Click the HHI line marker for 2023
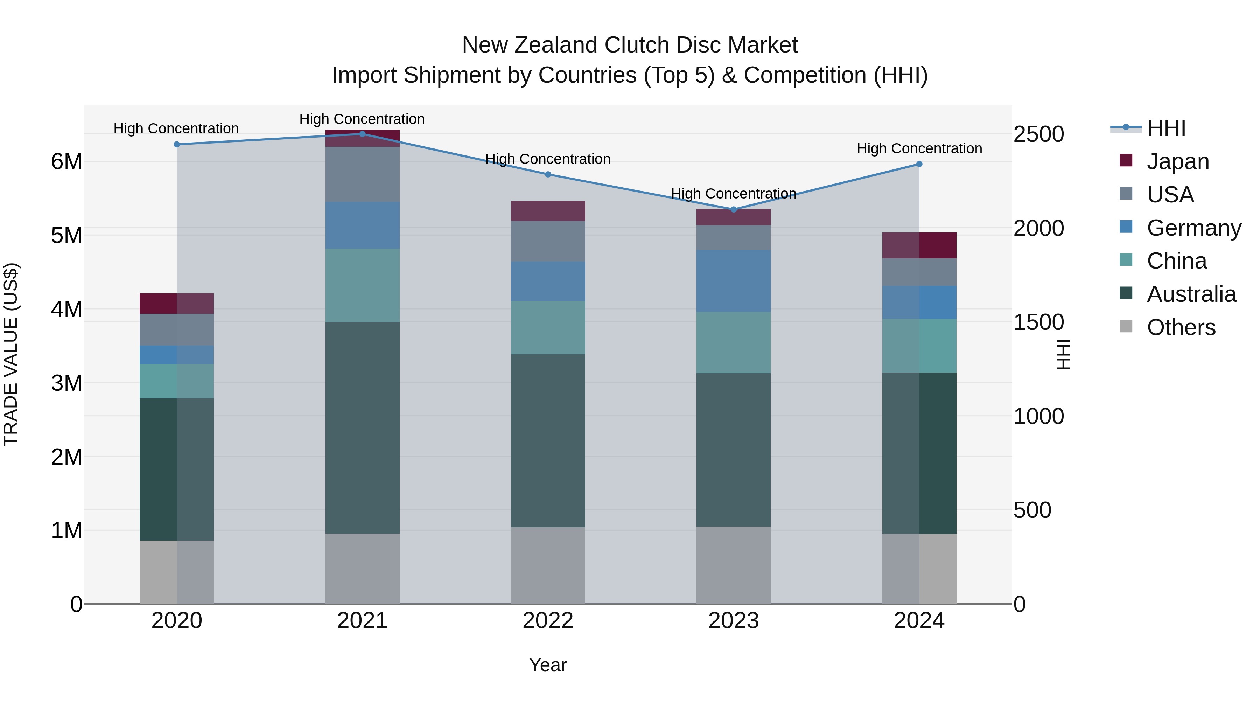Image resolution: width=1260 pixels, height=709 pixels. tap(733, 209)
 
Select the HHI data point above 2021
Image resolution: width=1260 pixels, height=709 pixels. tap(363, 134)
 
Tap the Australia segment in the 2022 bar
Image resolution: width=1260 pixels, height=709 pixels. tap(548, 440)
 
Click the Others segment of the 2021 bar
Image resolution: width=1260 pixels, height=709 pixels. tap(363, 568)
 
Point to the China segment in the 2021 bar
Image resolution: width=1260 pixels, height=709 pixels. tap(363, 285)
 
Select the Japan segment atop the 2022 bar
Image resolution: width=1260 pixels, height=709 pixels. tap(548, 211)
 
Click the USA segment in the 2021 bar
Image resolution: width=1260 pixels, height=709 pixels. tap(363, 174)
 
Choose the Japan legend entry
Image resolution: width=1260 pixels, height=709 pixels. tap(1177, 161)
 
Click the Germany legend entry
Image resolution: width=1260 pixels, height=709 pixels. tap(1193, 228)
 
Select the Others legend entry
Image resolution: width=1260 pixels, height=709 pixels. tap(1181, 327)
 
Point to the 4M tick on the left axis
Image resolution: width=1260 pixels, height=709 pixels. tap(66, 309)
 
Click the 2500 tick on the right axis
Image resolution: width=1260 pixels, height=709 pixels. tap(1038, 134)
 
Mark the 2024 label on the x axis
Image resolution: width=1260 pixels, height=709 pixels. tap(919, 621)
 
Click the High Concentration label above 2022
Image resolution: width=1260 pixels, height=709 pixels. tap(548, 159)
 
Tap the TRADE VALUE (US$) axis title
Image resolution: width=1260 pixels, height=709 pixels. tap(11, 354)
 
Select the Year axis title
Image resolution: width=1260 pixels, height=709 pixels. tap(548, 665)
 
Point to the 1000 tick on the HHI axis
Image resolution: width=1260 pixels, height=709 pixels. tap(1038, 416)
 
